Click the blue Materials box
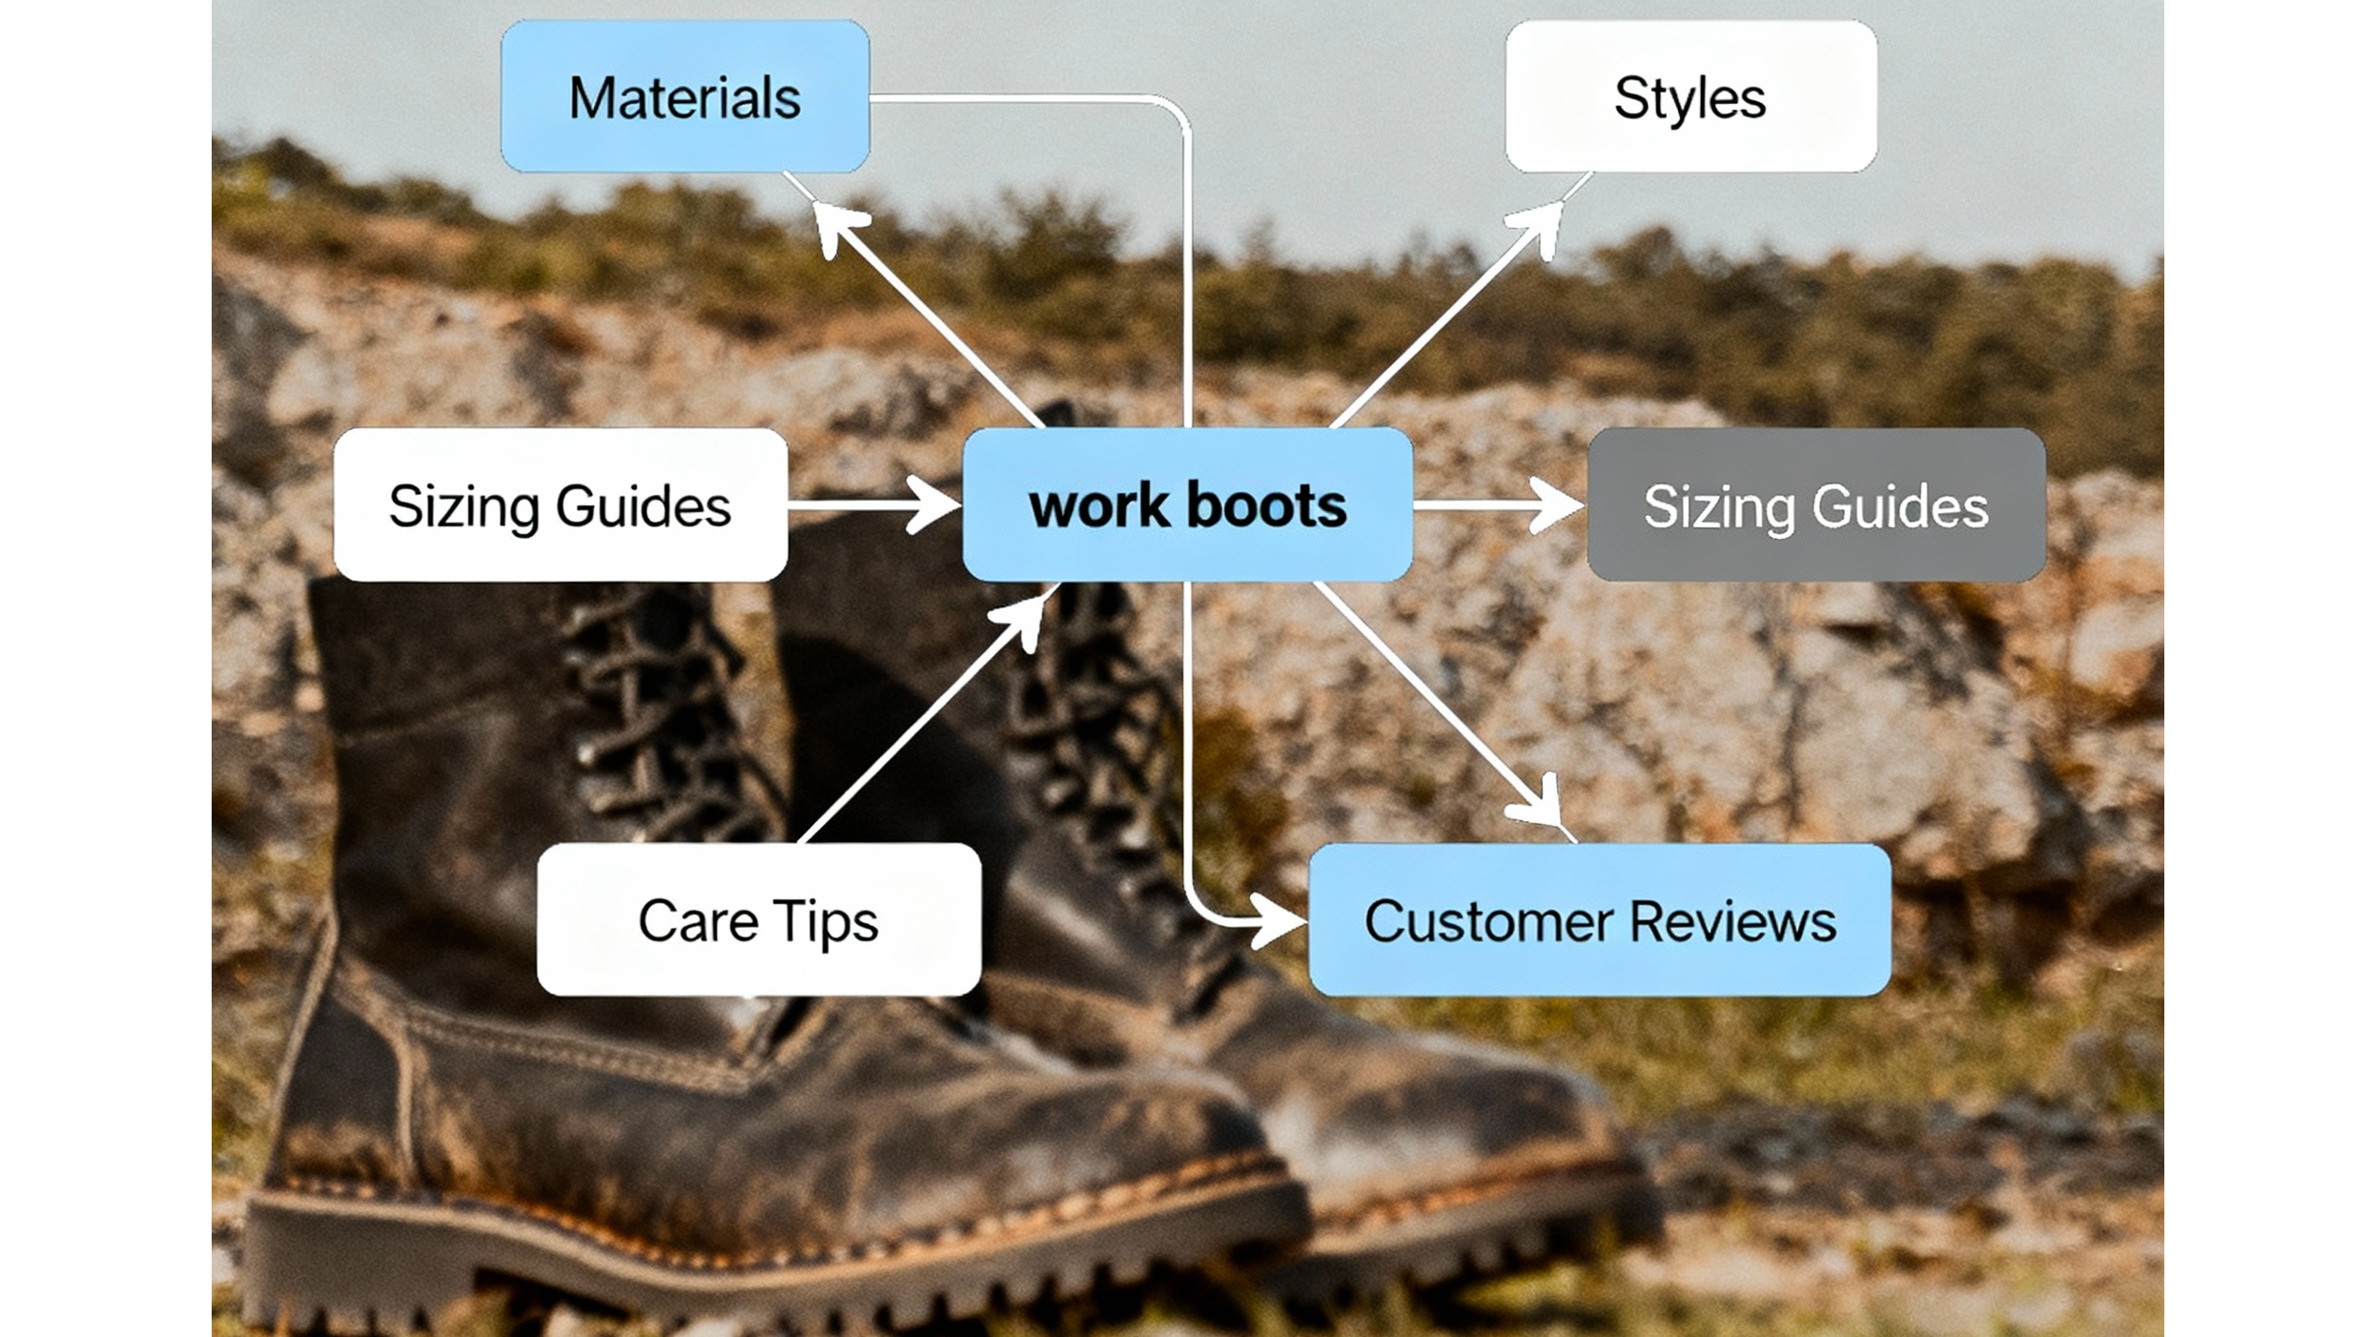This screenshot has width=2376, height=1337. (685, 96)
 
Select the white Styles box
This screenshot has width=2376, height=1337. (1690, 96)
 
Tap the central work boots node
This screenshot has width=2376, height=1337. (1187, 504)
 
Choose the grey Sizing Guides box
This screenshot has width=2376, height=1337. (1815, 504)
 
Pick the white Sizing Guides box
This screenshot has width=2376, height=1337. (560, 504)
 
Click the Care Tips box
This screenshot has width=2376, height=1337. (758, 919)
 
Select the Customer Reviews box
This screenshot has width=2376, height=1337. (1599, 919)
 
